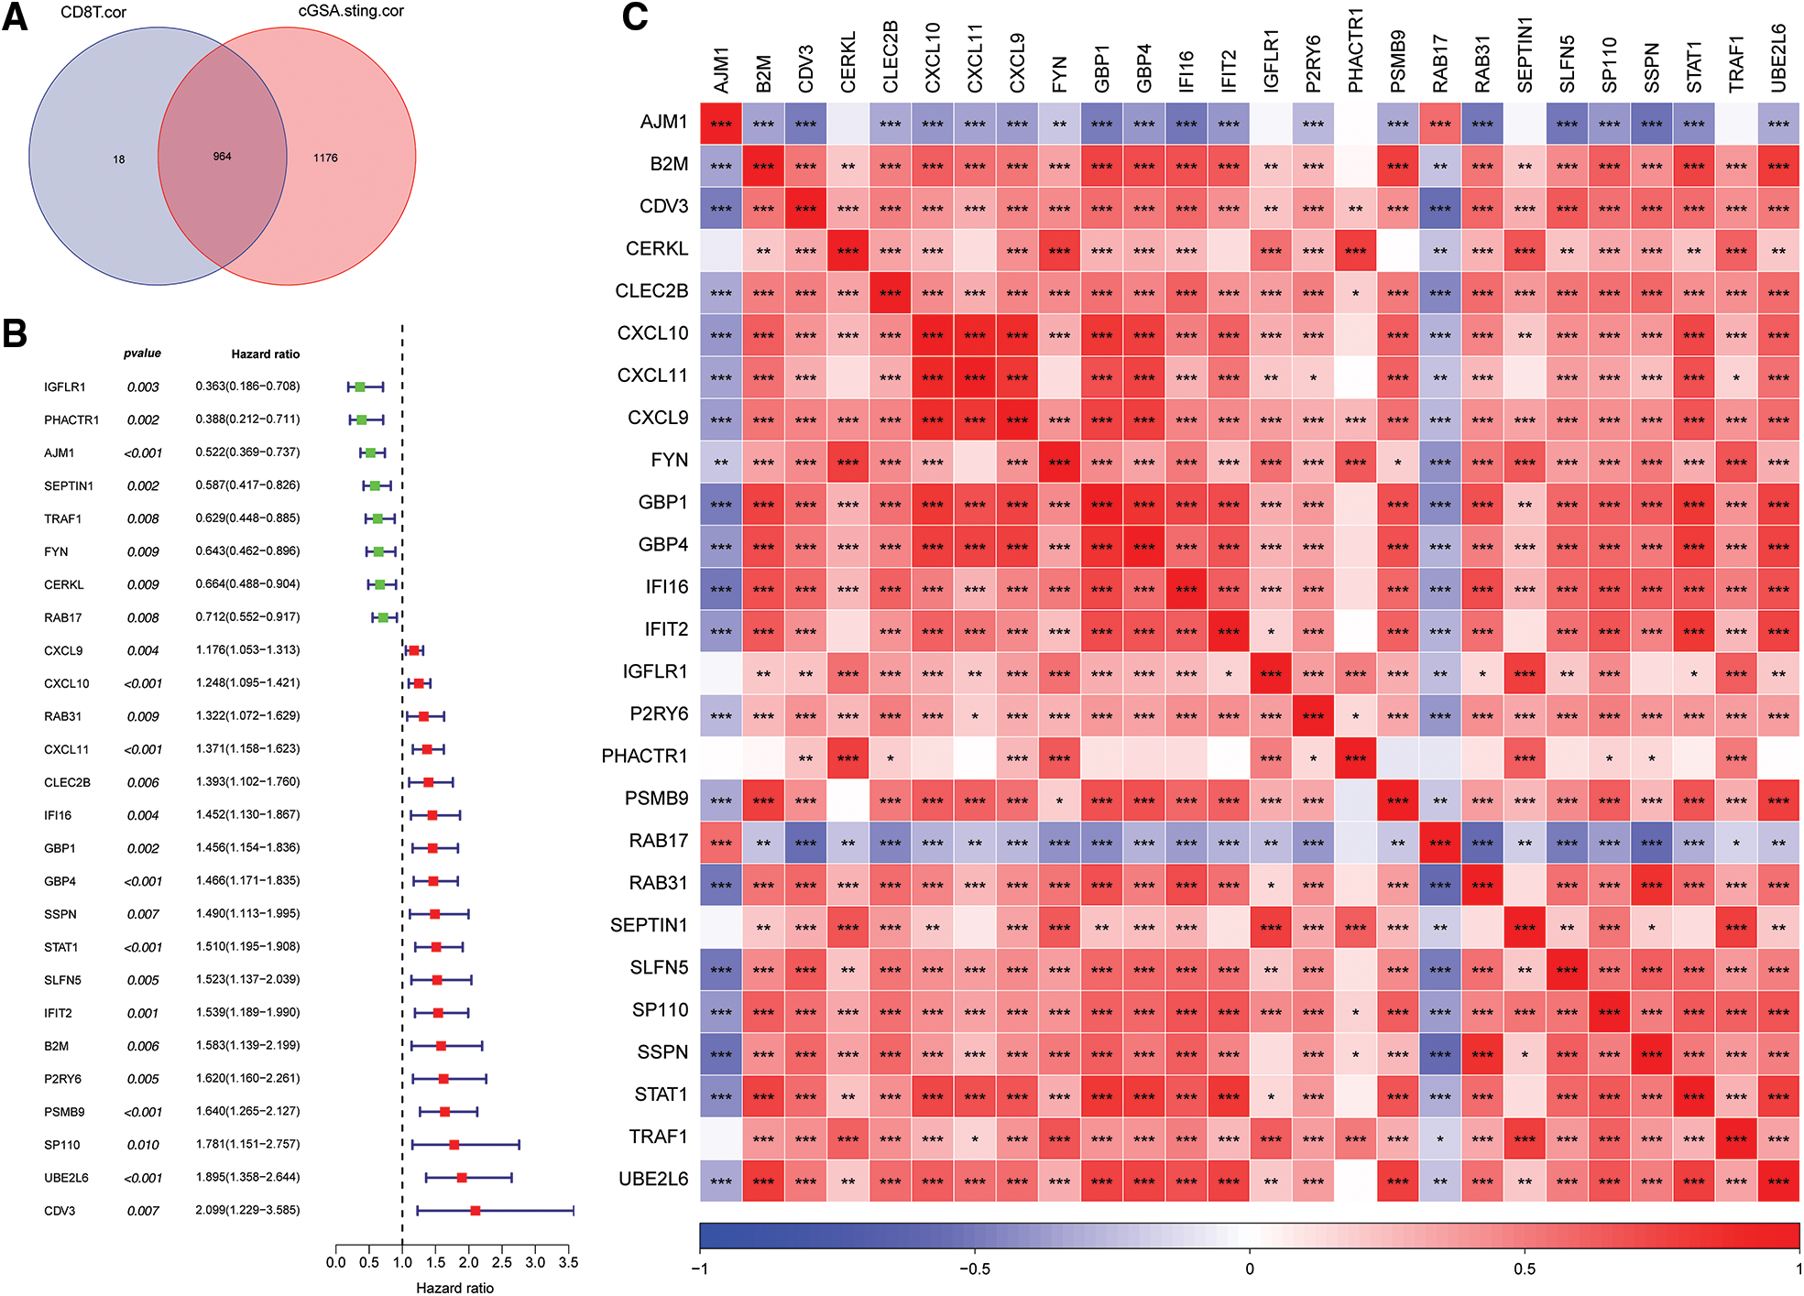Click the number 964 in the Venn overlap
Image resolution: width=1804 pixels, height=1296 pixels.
pyautogui.click(x=222, y=157)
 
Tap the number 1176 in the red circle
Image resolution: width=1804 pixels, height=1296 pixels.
pyautogui.click(x=325, y=158)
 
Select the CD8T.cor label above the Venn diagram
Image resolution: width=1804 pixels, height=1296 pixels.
pyautogui.click(x=93, y=13)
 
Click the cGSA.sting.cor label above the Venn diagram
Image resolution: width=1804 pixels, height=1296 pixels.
pyautogui.click(x=351, y=12)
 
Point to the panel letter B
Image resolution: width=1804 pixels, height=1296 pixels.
pyautogui.click(x=15, y=333)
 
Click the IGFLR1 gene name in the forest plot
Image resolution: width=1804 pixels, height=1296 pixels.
pyautogui.click(x=64, y=387)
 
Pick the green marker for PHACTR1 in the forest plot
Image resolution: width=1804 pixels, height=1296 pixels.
pyautogui.click(x=361, y=419)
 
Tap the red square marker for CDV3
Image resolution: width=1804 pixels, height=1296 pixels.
pyautogui.click(x=475, y=1211)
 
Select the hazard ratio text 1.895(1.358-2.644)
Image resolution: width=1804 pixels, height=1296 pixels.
pyautogui.click(x=247, y=1177)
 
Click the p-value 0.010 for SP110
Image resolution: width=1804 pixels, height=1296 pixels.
pyautogui.click(x=143, y=1145)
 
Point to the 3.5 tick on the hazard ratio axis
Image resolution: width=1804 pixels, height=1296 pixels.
pyautogui.click(x=568, y=1262)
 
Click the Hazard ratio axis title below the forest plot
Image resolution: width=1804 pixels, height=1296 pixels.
pyautogui.click(x=454, y=1288)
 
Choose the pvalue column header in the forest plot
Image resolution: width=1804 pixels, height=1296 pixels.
pyautogui.click(x=142, y=354)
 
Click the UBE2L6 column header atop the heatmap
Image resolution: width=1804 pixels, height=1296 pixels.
pyautogui.click(x=1778, y=58)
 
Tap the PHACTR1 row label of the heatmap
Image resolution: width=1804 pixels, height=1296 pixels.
pyautogui.click(x=644, y=757)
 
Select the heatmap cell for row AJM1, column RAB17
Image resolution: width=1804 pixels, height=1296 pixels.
pyautogui.click(x=1440, y=124)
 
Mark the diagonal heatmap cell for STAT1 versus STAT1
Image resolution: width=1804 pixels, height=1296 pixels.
pyautogui.click(x=1694, y=1095)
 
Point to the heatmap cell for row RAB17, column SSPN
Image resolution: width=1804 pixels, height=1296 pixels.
pyautogui.click(x=1652, y=843)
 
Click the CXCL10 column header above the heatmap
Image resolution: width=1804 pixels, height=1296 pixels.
pyautogui.click(x=933, y=58)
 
